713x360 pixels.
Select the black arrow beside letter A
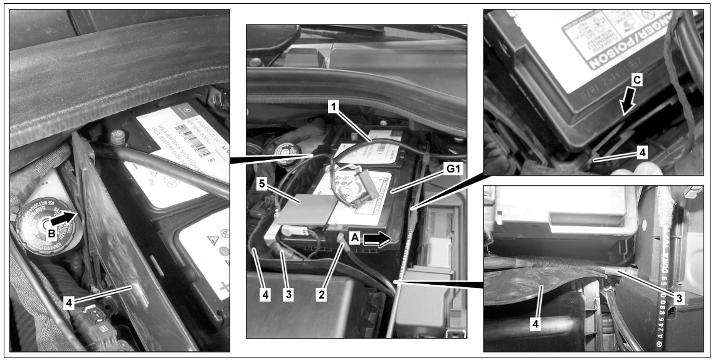[x=376, y=238]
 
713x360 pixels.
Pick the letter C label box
[x=636, y=80]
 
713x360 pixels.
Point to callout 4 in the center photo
[x=265, y=294]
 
